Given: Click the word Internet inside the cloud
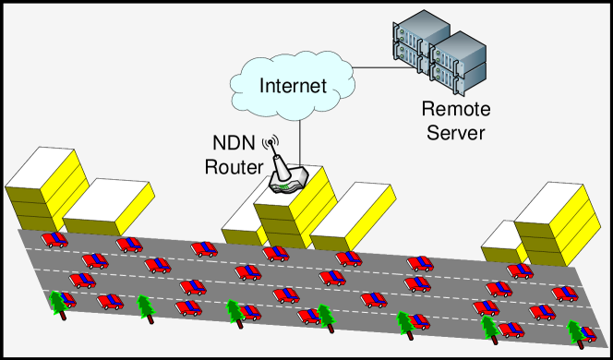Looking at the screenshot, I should coord(293,87).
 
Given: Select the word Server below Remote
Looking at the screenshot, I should coord(455,133).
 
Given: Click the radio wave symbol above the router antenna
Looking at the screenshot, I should coord(271,143).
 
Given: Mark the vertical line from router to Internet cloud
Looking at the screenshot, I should coord(302,143).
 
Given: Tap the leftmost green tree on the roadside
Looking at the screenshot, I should coord(63,304).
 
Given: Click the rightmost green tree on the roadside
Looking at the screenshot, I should coord(580,332).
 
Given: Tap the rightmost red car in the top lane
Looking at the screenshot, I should coord(520,270).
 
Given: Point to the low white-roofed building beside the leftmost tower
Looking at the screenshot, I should coord(109,207).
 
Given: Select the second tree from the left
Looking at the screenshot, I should coord(145,306).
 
